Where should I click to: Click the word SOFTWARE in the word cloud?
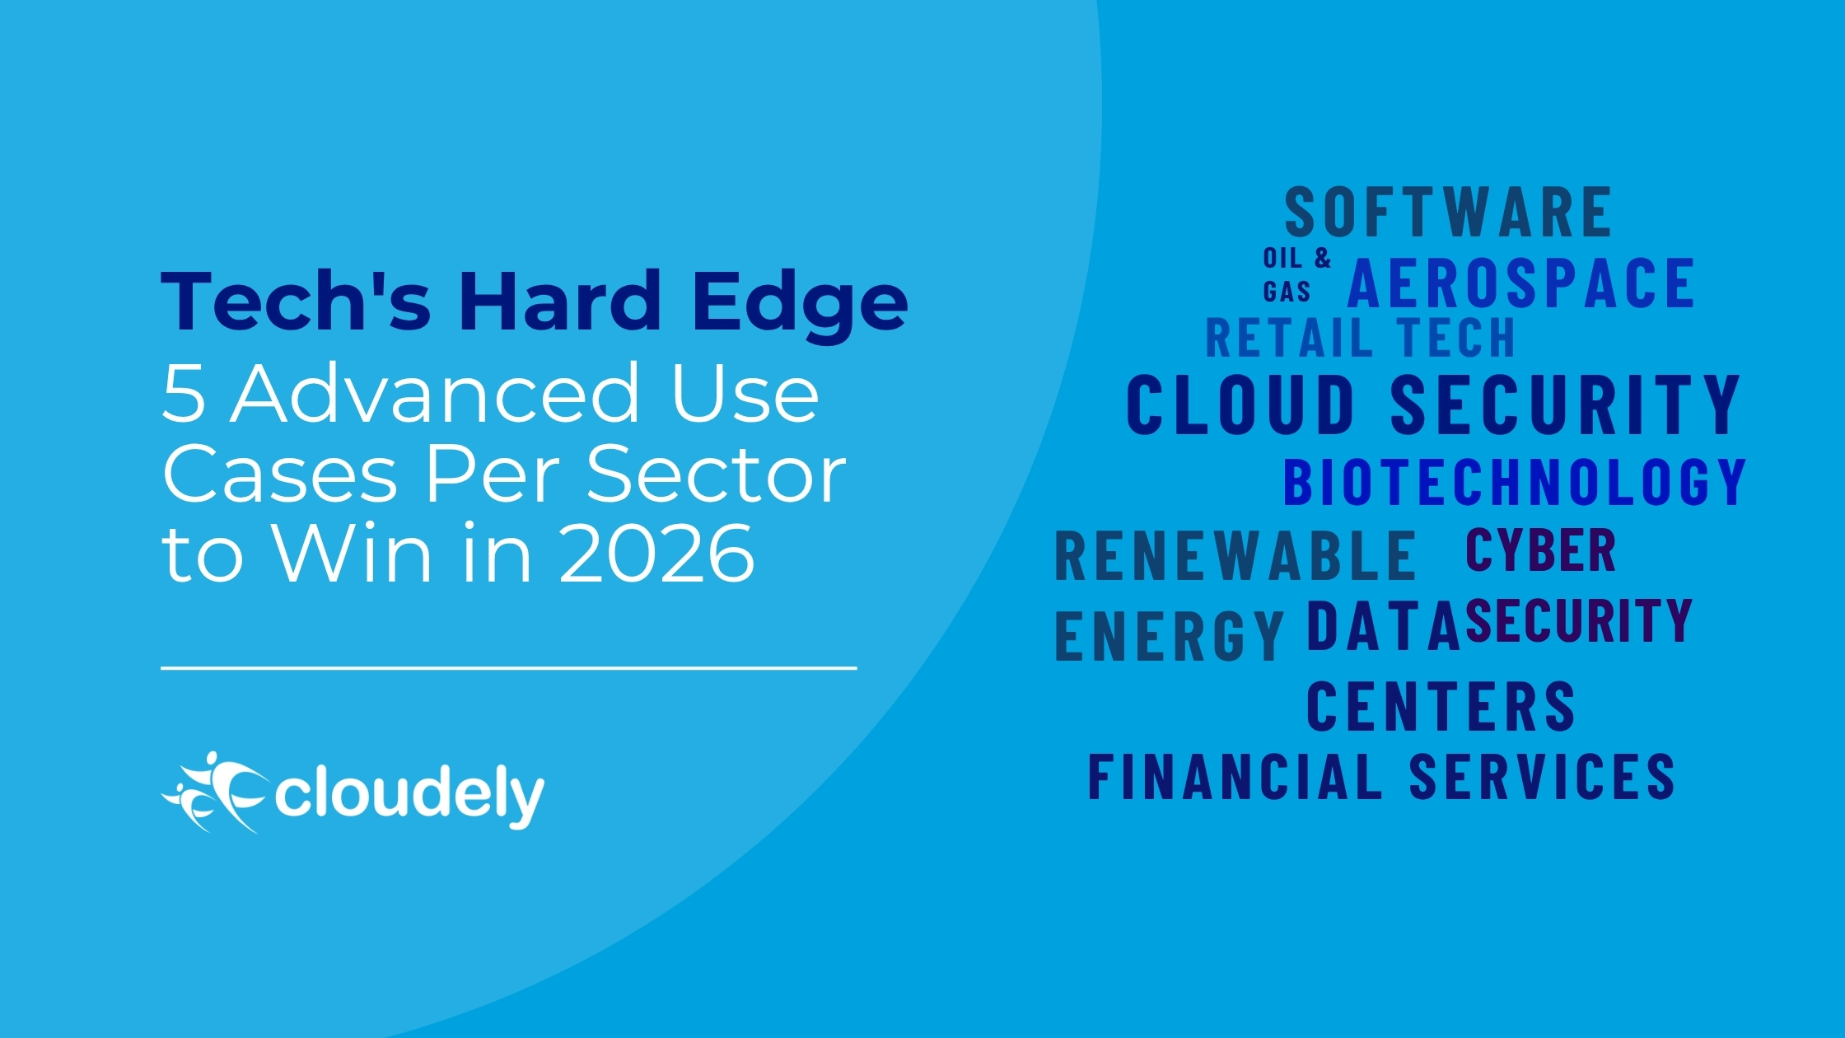coord(1448,213)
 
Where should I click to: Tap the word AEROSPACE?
coord(1521,283)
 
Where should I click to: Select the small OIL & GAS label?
coord(1297,274)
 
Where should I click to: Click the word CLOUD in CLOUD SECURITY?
coord(1240,404)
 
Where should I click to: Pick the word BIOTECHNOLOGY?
coord(1516,482)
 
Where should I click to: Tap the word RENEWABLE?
coord(1235,556)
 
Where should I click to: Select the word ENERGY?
coord(1170,636)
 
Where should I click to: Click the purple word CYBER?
coord(1541,549)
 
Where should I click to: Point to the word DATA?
coord(1384,626)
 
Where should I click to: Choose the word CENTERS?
coord(1441,707)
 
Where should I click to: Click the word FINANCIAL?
coord(1235,776)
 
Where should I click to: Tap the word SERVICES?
coord(1542,776)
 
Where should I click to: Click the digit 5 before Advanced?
coord(183,394)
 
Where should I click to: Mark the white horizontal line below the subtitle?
coord(509,668)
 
